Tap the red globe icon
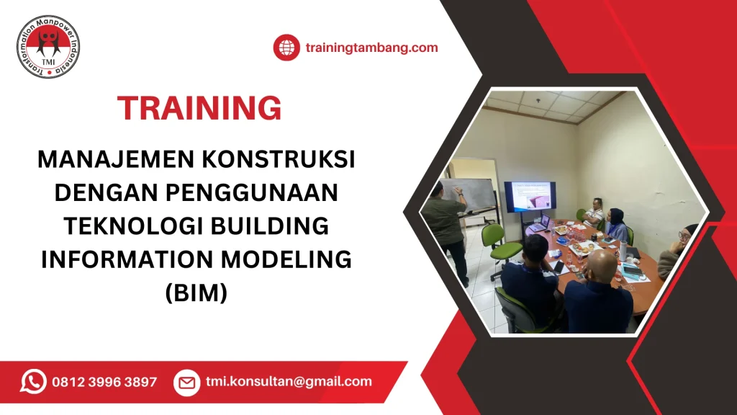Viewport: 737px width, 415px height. [x=286, y=48]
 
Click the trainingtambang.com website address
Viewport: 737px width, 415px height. [x=371, y=48]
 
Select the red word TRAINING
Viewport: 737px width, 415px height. [x=199, y=108]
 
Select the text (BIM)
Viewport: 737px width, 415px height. [x=196, y=291]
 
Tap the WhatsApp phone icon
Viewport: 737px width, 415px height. [x=33, y=382]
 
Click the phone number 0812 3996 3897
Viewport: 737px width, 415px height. [x=104, y=383]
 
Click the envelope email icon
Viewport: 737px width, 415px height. [x=186, y=383]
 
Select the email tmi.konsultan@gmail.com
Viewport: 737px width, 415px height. [x=288, y=382]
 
